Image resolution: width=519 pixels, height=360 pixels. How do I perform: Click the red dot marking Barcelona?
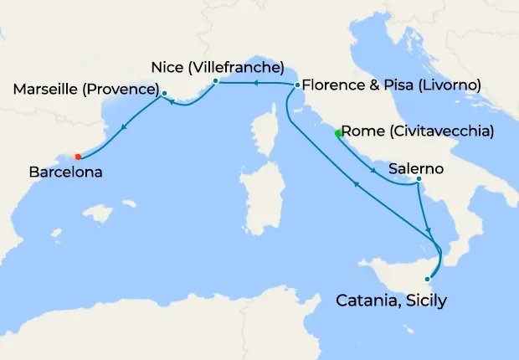(x=78, y=157)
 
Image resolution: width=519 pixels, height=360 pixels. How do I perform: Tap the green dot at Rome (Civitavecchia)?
(x=338, y=133)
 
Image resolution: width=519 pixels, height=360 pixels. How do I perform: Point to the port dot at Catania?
(x=429, y=279)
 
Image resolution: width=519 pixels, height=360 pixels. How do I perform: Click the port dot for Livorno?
(x=297, y=85)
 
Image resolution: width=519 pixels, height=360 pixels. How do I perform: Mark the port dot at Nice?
(x=216, y=81)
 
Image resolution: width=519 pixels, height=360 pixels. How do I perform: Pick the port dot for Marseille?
(x=164, y=93)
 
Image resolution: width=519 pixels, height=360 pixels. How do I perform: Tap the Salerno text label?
(x=416, y=167)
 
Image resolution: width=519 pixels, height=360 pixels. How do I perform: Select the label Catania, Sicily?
(x=391, y=299)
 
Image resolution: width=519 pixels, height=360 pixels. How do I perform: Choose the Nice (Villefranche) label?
(x=218, y=66)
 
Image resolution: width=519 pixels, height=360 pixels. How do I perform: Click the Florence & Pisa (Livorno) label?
(x=391, y=85)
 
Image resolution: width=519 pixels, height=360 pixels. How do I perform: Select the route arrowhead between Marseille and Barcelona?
(x=124, y=128)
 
